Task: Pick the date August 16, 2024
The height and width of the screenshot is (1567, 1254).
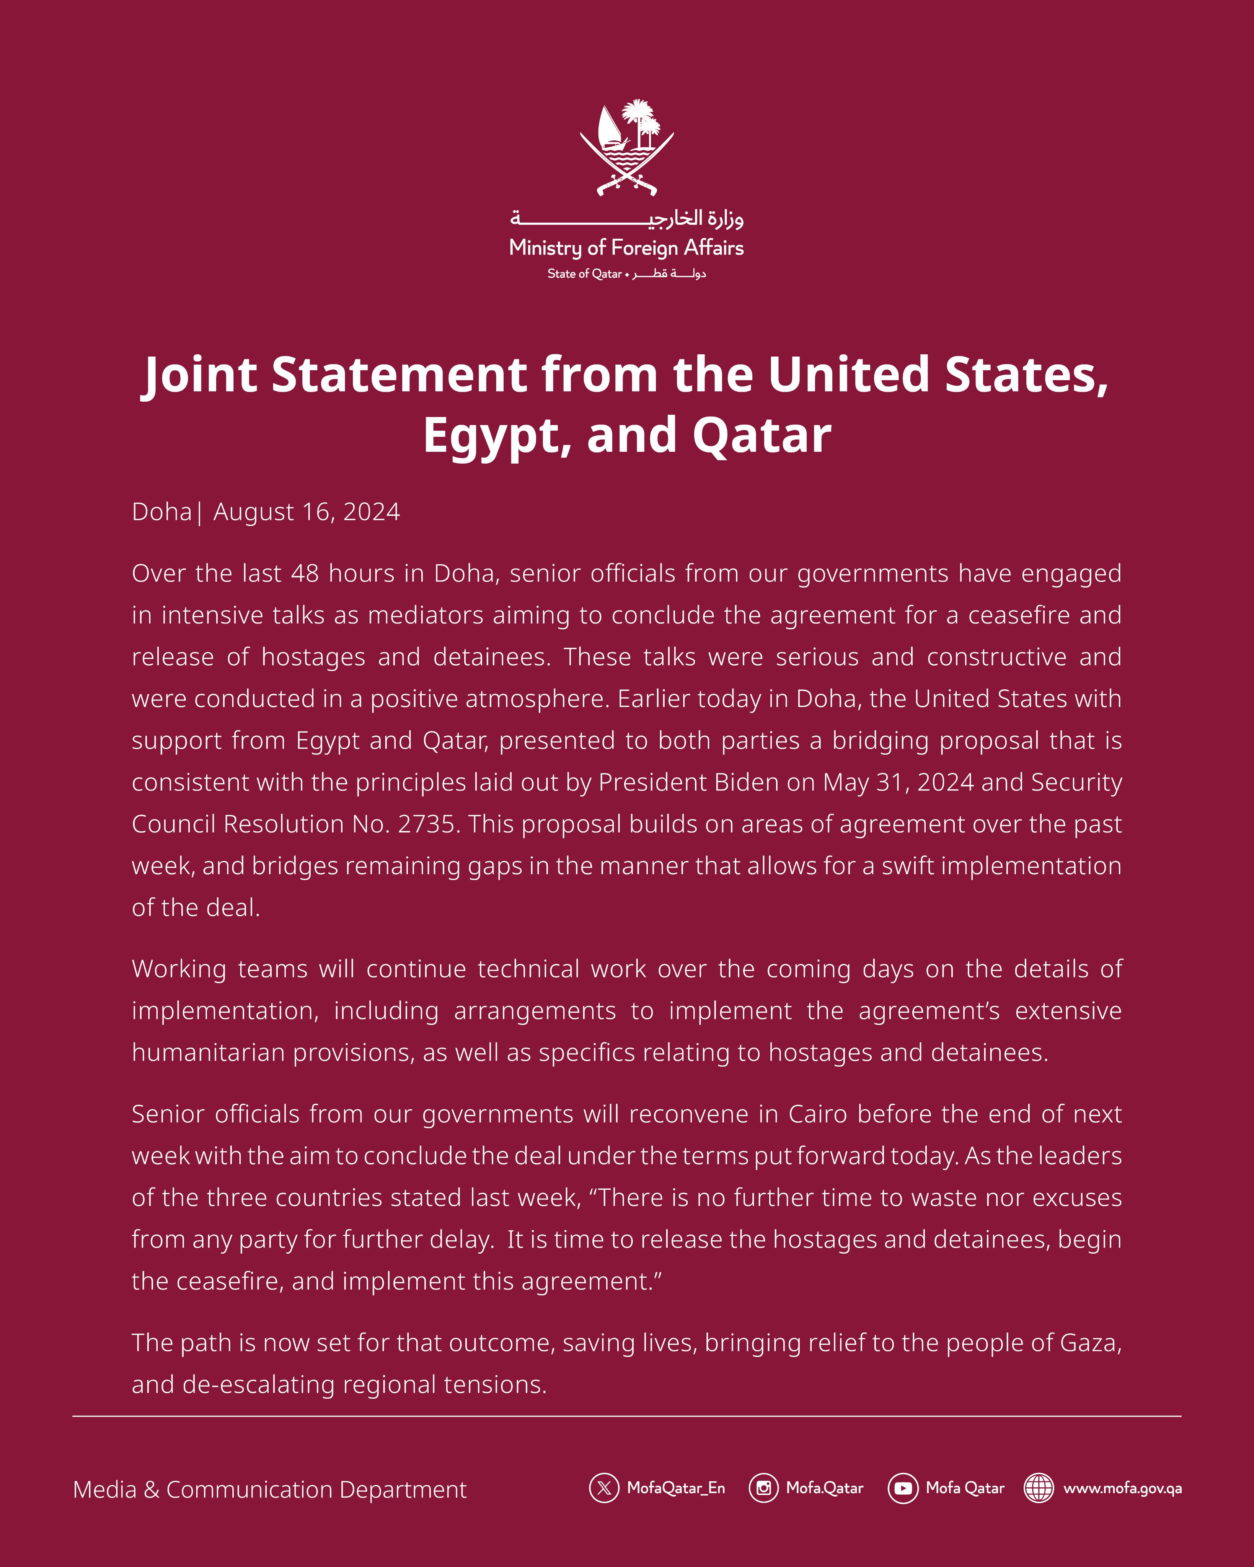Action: (306, 511)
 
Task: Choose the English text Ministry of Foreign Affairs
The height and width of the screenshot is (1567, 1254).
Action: (627, 248)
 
